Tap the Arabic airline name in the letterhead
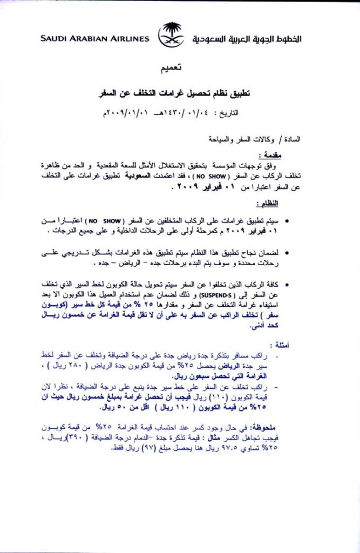click(x=247, y=39)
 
